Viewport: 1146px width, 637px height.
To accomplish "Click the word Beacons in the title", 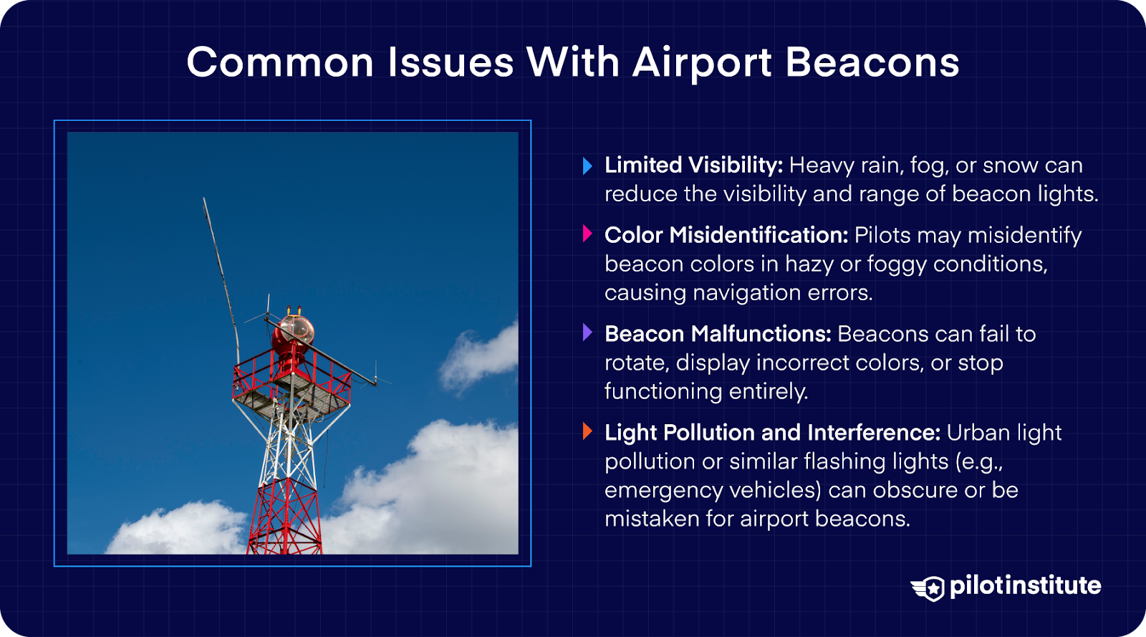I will click(x=872, y=62).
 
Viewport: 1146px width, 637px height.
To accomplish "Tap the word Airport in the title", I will click(x=701, y=62).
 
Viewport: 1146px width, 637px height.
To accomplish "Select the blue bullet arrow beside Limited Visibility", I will click(x=587, y=166).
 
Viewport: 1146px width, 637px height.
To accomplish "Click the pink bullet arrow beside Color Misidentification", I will click(x=587, y=234).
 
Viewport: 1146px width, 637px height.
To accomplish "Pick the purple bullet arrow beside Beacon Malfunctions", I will click(x=587, y=332).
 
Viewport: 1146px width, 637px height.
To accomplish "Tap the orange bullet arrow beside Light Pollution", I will click(x=587, y=431).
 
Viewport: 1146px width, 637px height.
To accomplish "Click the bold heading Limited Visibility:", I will click(x=693, y=166).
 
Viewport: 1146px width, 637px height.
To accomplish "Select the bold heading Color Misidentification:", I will click(x=726, y=235).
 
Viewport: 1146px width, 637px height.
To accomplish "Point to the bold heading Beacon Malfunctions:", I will click(x=718, y=334).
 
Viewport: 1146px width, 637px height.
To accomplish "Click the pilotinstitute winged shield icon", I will click(x=929, y=588).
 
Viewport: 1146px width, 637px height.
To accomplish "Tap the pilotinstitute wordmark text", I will click(x=1025, y=585).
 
